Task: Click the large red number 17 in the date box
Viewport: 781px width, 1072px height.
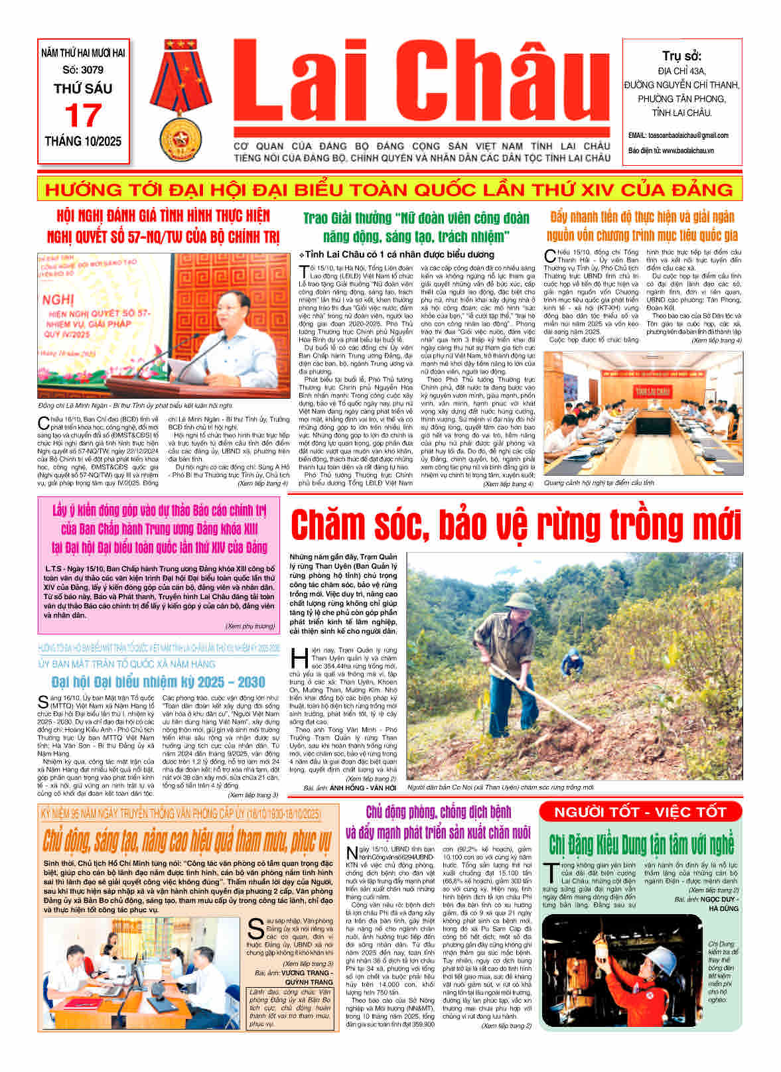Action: point(83,116)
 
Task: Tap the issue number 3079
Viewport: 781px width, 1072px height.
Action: point(92,69)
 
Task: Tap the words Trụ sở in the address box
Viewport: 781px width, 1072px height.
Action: point(681,56)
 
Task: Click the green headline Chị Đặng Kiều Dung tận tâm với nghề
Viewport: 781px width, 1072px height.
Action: point(641,844)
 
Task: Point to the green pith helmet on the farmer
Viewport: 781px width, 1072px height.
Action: point(512,602)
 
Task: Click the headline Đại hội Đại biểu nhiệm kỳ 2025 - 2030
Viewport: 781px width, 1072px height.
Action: point(158,682)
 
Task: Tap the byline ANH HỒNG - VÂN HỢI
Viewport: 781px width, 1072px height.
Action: point(368,787)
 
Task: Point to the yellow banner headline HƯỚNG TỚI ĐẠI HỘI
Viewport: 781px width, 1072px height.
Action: point(389,190)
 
